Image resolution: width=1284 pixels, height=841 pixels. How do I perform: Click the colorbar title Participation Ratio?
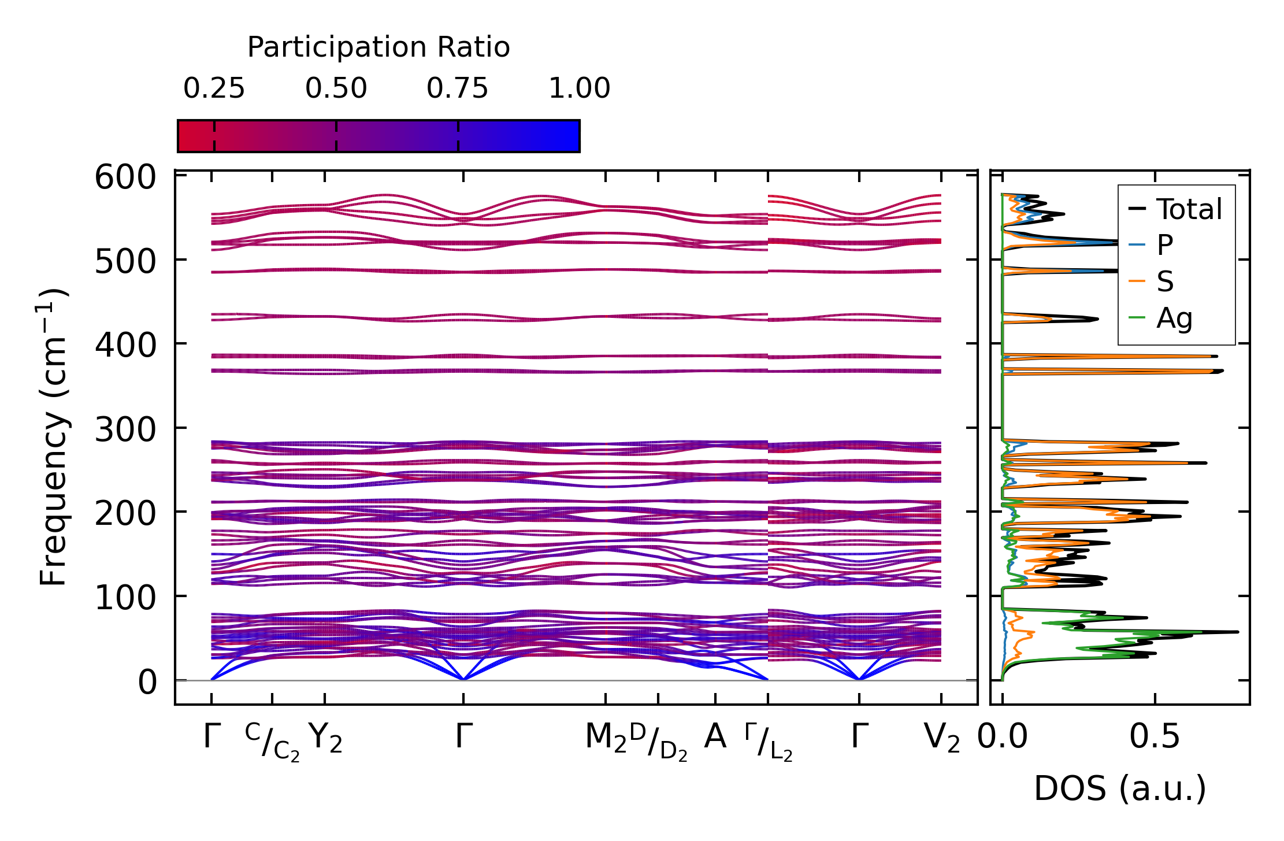pyautogui.click(x=378, y=47)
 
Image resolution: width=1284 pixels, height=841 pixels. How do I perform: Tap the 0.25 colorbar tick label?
pyautogui.click(x=214, y=89)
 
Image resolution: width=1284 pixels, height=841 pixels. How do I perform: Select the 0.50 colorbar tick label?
pyautogui.click(x=336, y=89)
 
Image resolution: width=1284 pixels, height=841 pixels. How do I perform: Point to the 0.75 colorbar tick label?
pyautogui.click(x=457, y=89)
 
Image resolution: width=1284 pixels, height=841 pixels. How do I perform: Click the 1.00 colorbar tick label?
pyautogui.click(x=579, y=89)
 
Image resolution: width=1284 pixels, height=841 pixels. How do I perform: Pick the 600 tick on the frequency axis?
pyautogui.click(x=125, y=177)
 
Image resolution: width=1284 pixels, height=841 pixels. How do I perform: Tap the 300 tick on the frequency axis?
pyautogui.click(x=125, y=429)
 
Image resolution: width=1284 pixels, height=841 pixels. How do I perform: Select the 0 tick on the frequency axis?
pyautogui.click(x=147, y=682)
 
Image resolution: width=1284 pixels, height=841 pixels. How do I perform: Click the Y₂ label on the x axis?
pyautogui.click(x=325, y=739)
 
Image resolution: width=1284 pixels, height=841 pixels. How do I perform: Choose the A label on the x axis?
pyautogui.click(x=715, y=738)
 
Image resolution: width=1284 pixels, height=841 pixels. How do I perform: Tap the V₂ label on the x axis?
pyautogui.click(x=942, y=739)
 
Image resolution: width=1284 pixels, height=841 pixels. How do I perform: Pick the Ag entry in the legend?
pyautogui.click(x=1174, y=318)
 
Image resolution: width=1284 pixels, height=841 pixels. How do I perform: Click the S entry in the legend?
pyautogui.click(x=1164, y=281)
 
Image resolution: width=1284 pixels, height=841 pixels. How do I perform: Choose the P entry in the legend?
pyautogui.click(x=1164, y=245)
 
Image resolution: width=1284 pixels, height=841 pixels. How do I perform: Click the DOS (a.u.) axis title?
pyautogui.click(x=1120, y=789)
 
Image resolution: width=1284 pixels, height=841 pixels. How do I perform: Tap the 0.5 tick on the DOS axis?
pyautogui.click(x=1155, y=738)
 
